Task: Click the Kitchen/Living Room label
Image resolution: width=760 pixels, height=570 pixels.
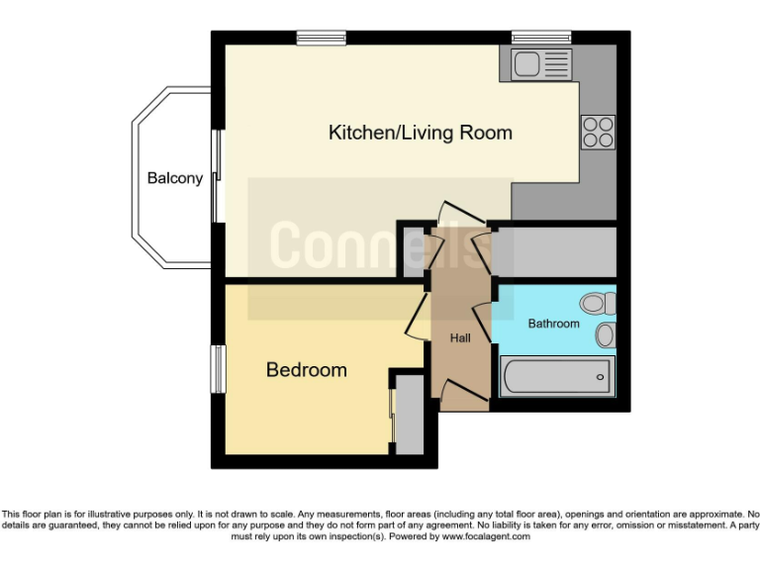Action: (x=420, y=132)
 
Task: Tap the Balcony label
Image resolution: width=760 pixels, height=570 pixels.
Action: (x=174, y=178)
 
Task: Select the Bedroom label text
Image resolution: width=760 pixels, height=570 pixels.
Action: (x=306, y=370)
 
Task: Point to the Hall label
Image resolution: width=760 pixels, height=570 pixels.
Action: (x=460, y=338)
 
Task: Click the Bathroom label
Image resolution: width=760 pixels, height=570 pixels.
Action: (x=553, y=323)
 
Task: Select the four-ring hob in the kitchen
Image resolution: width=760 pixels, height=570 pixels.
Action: (x=598, y=132)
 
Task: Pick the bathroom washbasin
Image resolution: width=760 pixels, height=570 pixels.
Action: (x=605, y=335)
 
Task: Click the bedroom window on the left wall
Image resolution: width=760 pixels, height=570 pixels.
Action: (x=216, y=369)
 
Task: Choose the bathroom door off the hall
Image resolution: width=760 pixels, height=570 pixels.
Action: (x=484, y=323)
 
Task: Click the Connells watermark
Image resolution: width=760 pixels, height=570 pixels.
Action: (x=379, y=245)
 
